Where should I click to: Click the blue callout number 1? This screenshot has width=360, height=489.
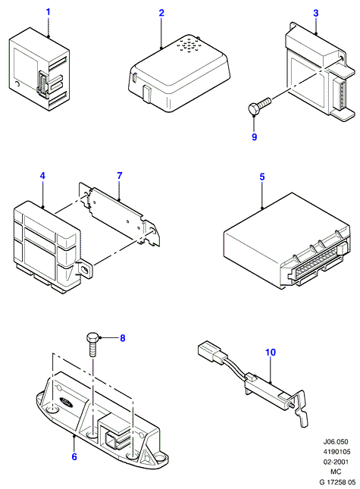(x=48, y=12)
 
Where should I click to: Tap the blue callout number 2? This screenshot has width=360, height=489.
(x=161, y=13)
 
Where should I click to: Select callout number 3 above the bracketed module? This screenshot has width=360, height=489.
(x=316, y=13)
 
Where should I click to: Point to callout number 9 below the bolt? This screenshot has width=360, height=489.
(x=255, y=136)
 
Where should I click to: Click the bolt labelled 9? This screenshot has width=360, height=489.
(x=260, y=105)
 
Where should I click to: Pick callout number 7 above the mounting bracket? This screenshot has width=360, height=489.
(x=120, y=176)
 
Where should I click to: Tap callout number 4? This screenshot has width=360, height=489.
(x=42, y=176)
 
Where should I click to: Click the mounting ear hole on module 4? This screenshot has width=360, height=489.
(x=85, y=268)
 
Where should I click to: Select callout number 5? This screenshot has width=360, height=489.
(x=262, y=177)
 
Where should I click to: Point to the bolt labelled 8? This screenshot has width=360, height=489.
(x=93, y=345)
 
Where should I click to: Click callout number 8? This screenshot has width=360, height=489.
(x=123, y=337)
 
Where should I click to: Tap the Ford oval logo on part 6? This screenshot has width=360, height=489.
(x=65, y=402)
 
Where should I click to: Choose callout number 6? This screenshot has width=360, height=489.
(x=74, y=456)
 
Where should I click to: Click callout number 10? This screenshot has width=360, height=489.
(x=271, y=352)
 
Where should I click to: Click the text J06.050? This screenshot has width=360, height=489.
(x=336, y=441)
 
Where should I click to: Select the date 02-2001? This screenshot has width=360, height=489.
(x=336, y=462)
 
